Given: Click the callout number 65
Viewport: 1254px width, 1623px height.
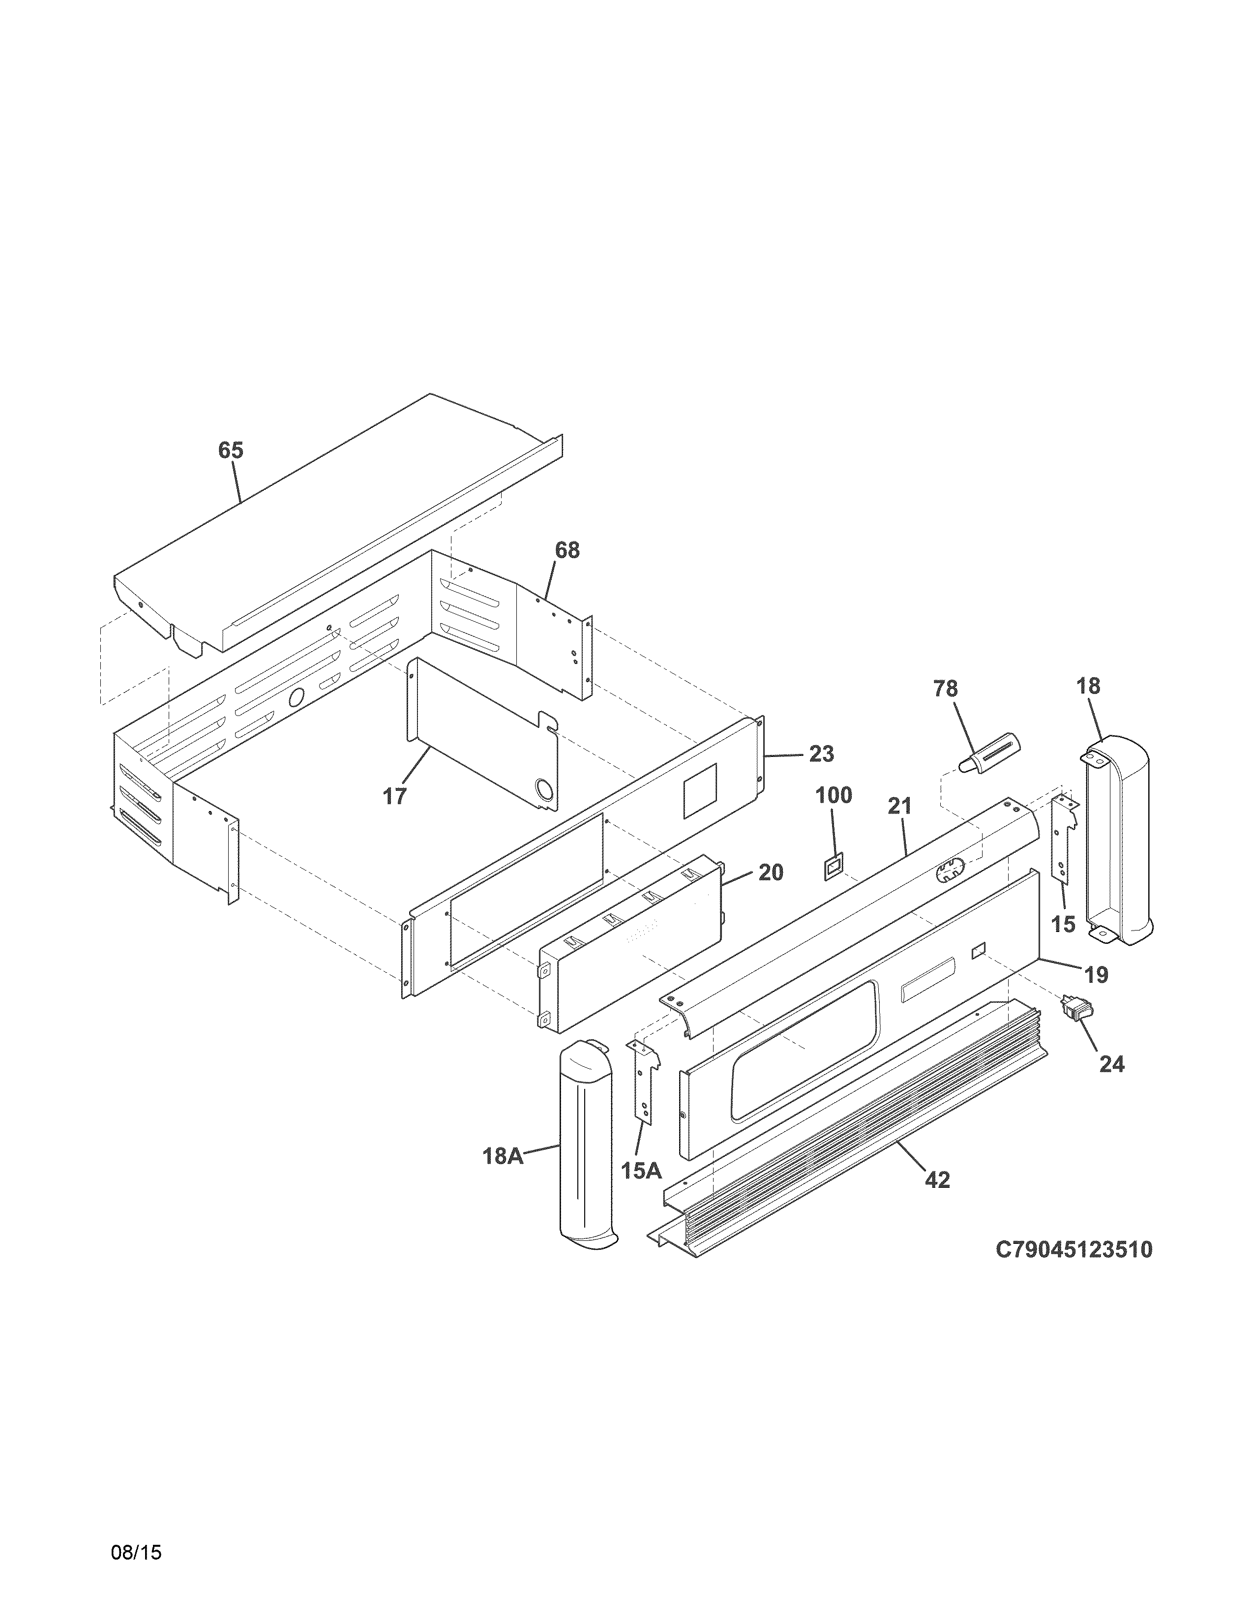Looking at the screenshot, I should coord(230,451).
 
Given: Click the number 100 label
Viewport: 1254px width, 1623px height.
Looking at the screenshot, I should coord(834,795).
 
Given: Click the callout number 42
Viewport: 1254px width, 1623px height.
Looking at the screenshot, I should coord(937,1179).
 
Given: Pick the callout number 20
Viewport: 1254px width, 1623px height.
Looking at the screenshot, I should coord(771,872).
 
